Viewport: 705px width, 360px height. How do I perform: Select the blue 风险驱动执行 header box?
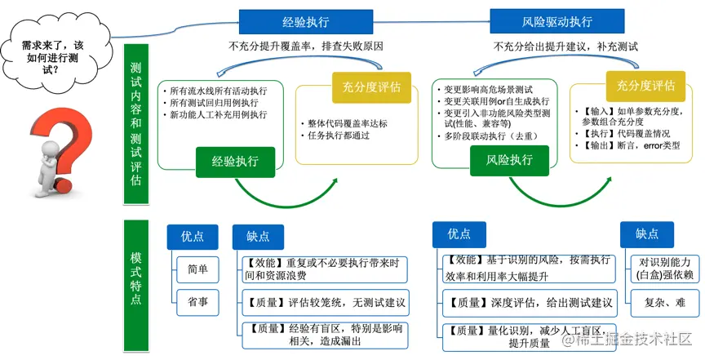[557, 21]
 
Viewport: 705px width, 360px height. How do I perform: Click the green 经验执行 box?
[235, 162]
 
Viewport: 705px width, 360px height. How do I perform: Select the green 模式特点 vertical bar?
[136, 278]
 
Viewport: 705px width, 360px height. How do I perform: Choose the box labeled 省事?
[197, 301]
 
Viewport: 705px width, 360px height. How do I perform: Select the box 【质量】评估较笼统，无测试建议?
[324, 302]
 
